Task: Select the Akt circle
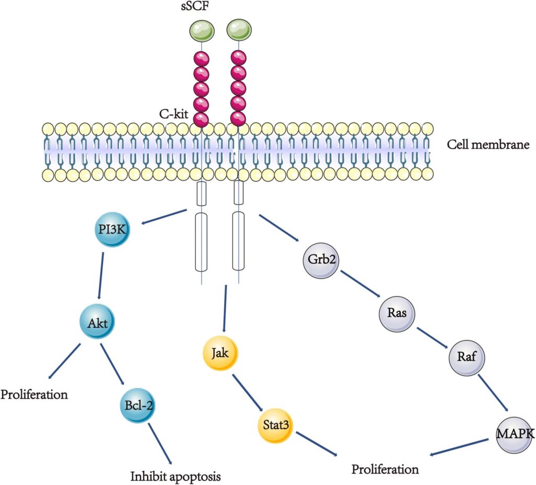(98, 323)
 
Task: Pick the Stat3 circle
(276, 425)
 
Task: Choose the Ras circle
(397, 313)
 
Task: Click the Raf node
(467, 358)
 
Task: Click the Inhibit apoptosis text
(175, 476)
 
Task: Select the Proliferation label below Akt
(34, 393)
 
